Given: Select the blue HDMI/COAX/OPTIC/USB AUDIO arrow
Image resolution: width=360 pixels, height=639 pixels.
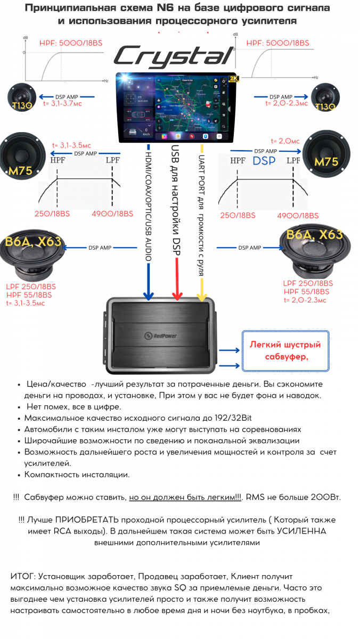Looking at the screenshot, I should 149,224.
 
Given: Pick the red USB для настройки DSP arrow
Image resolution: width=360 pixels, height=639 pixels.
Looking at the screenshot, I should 176,224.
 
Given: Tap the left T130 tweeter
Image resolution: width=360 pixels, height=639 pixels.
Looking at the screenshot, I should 21,99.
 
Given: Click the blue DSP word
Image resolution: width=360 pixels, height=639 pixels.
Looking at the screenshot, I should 264,161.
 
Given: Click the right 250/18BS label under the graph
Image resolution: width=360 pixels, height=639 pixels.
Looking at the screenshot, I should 237,215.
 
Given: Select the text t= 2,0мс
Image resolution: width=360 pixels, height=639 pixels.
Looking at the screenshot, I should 285,141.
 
